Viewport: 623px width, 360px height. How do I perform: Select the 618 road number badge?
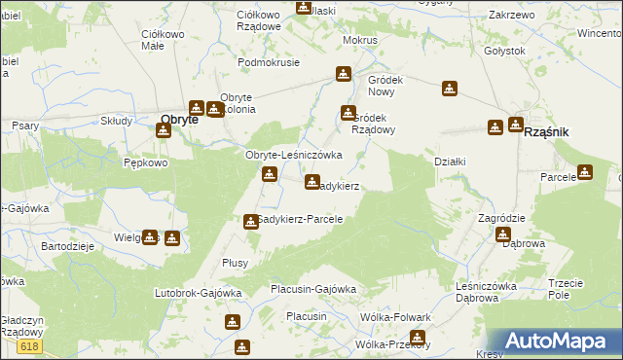pos(29,346)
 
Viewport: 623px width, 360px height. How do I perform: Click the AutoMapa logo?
pos(565,341)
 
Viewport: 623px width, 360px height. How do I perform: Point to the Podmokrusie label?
pos(270,61)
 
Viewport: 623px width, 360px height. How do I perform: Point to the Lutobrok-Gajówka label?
pos(198,292)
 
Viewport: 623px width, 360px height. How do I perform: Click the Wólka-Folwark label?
pos(395,318)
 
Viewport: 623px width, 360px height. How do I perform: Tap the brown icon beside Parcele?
pos(584,172)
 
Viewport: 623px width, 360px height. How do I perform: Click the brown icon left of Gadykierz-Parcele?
pos(251,221)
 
